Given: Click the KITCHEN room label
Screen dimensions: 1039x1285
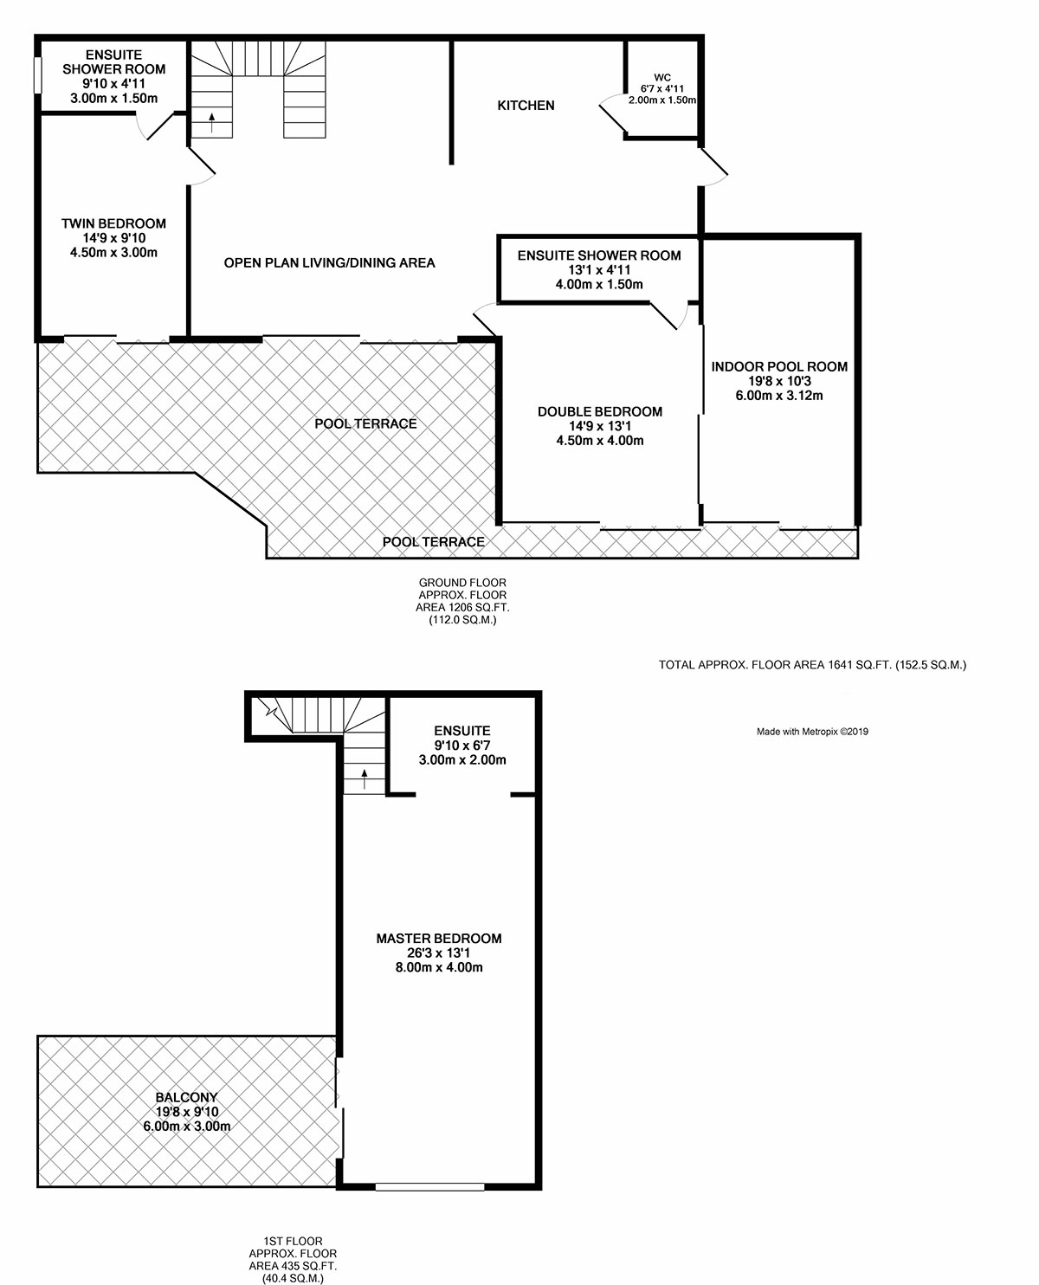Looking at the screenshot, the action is (x=526, y=106).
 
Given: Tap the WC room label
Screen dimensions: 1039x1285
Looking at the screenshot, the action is (x=662, y=77).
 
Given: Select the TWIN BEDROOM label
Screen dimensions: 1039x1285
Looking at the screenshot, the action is (x=113, y=223).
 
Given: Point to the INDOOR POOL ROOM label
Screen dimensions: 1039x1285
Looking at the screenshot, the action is (x=779, y=366).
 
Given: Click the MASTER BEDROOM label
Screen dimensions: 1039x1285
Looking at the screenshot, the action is (x=438, y=938).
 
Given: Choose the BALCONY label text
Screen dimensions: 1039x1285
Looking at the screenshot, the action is (x=186, y=1097).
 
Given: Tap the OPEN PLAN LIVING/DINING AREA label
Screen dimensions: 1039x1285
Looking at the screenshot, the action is (x=329, y=263).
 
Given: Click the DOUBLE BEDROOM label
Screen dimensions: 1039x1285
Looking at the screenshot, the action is (x=599, y=411).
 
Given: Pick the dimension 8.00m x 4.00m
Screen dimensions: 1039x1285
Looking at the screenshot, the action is (x=438, y=967).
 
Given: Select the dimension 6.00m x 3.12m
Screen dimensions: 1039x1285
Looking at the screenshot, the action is (x=779, y=395).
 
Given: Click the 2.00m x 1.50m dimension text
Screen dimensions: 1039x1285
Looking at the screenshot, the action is (x=662, y=100).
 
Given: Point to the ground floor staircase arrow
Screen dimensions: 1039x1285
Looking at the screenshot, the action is (x=211, y=122).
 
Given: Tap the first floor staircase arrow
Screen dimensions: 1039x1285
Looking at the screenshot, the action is (x=365, y=778).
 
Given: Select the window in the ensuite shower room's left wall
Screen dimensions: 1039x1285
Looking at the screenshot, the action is (x=37, y=74).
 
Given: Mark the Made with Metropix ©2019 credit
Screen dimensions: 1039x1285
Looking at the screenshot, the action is (x=812, y=732).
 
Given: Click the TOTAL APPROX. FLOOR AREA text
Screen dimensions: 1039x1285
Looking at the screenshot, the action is (x=812, y=665).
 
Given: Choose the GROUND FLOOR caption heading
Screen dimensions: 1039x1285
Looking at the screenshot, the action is (x=462, y=583).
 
